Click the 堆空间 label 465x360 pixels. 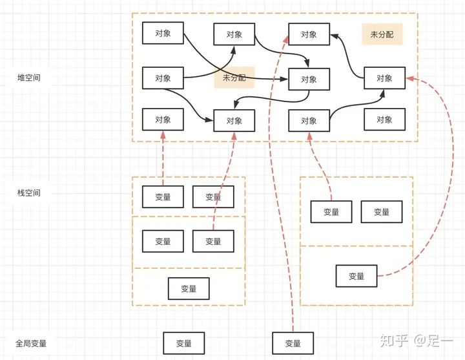click(30, 78)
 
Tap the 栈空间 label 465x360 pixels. click(30, 193)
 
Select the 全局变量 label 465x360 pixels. click(31, 343)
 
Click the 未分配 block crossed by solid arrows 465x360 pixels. click(234, 78)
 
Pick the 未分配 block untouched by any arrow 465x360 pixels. click(382, 34)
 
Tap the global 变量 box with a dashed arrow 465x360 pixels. click(293, 343)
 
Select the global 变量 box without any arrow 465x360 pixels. click(183, 343)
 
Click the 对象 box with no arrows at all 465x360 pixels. click(384, 120)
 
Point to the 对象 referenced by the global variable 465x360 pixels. click(309, 34)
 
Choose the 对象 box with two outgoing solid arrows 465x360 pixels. click(163, 78)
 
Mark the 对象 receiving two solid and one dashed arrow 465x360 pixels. click(234, 120)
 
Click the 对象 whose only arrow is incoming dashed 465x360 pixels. click(163, 120)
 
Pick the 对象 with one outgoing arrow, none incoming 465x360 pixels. click(163, 32)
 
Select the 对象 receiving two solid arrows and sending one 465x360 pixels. click(309, 79)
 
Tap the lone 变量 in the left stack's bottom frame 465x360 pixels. click(189, 288)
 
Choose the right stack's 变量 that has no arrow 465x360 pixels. click(381, 212)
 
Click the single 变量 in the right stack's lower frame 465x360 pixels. click(356, 276)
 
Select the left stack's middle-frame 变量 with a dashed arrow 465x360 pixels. click(213, 241)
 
